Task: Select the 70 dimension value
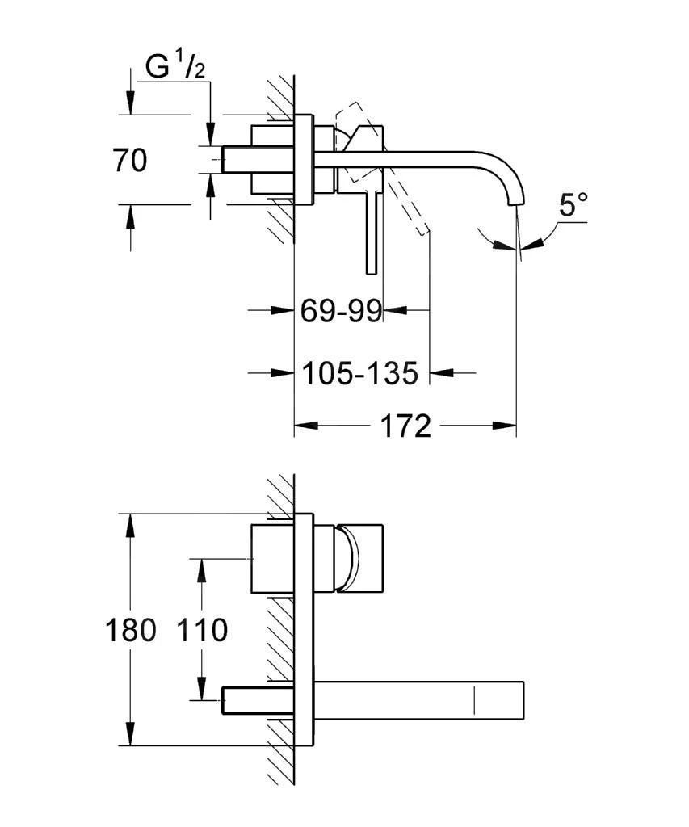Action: click(x=130, y=161)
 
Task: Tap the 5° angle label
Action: click(x=572, y=205)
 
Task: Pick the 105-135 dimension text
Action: click(x=360, y=373)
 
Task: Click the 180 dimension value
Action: click(x=130, y=630)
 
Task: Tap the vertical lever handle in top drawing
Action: click(x=372, y=234)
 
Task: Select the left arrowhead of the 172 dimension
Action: click(x=304, y=425)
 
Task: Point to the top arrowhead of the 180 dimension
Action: click(x=130, y=523)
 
